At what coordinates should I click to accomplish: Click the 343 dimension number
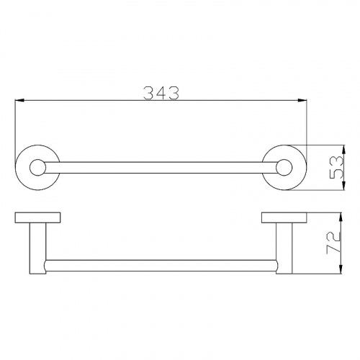point(161,93)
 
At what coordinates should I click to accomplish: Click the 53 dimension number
point(336,167)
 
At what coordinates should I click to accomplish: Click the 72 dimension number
point(333,243)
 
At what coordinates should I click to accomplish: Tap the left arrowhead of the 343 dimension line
point(19,100)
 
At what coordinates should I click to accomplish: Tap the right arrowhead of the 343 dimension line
point(302,100)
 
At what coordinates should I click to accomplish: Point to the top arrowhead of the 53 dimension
point(343,150)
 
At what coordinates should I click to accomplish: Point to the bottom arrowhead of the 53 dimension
point(343,185)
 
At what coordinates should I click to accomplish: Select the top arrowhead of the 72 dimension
point(341,217)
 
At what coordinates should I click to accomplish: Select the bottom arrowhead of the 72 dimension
point(341,269)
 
